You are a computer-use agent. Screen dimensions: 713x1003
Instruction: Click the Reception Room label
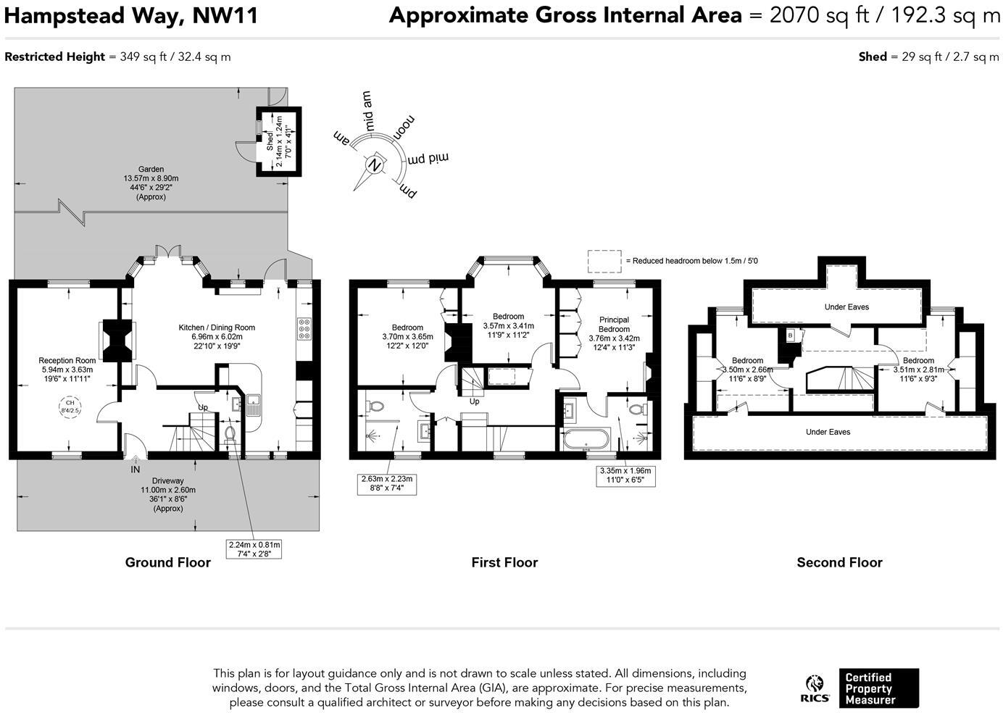67,360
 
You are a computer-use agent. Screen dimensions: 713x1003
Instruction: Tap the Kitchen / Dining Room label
217,328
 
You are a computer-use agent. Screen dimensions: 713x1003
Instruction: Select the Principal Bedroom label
614,325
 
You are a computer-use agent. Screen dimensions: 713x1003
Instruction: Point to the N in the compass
375,164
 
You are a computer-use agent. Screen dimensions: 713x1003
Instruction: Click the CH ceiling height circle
70,406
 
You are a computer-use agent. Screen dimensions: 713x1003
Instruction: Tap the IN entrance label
136,470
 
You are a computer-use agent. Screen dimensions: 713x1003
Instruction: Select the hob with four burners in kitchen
304,329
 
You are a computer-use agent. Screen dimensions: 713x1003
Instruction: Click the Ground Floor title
167,562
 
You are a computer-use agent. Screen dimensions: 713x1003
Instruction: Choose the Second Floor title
839,562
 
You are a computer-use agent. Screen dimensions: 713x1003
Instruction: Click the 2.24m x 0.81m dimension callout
254,549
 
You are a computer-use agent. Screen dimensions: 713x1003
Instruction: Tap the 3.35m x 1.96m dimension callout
625,475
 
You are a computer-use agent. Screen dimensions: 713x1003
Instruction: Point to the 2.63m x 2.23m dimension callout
388,483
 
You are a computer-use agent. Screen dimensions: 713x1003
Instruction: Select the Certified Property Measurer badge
878,688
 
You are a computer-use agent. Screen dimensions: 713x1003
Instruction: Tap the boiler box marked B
791,335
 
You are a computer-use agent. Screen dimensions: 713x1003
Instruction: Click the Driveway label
167,480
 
